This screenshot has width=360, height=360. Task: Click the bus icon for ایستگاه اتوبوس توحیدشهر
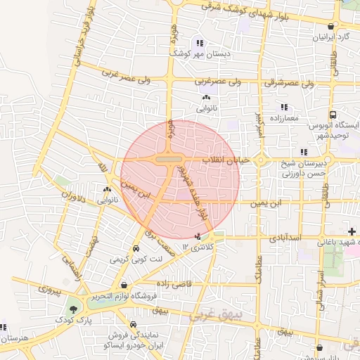pos(333,115)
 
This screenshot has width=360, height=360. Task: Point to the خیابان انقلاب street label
pos(226,160)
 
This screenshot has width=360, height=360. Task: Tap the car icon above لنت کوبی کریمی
pos(135,249)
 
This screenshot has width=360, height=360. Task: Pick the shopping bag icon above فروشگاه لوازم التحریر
pos(124,285)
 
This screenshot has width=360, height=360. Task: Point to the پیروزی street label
pos(50,289)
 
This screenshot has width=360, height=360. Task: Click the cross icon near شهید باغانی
pos(352,232)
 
